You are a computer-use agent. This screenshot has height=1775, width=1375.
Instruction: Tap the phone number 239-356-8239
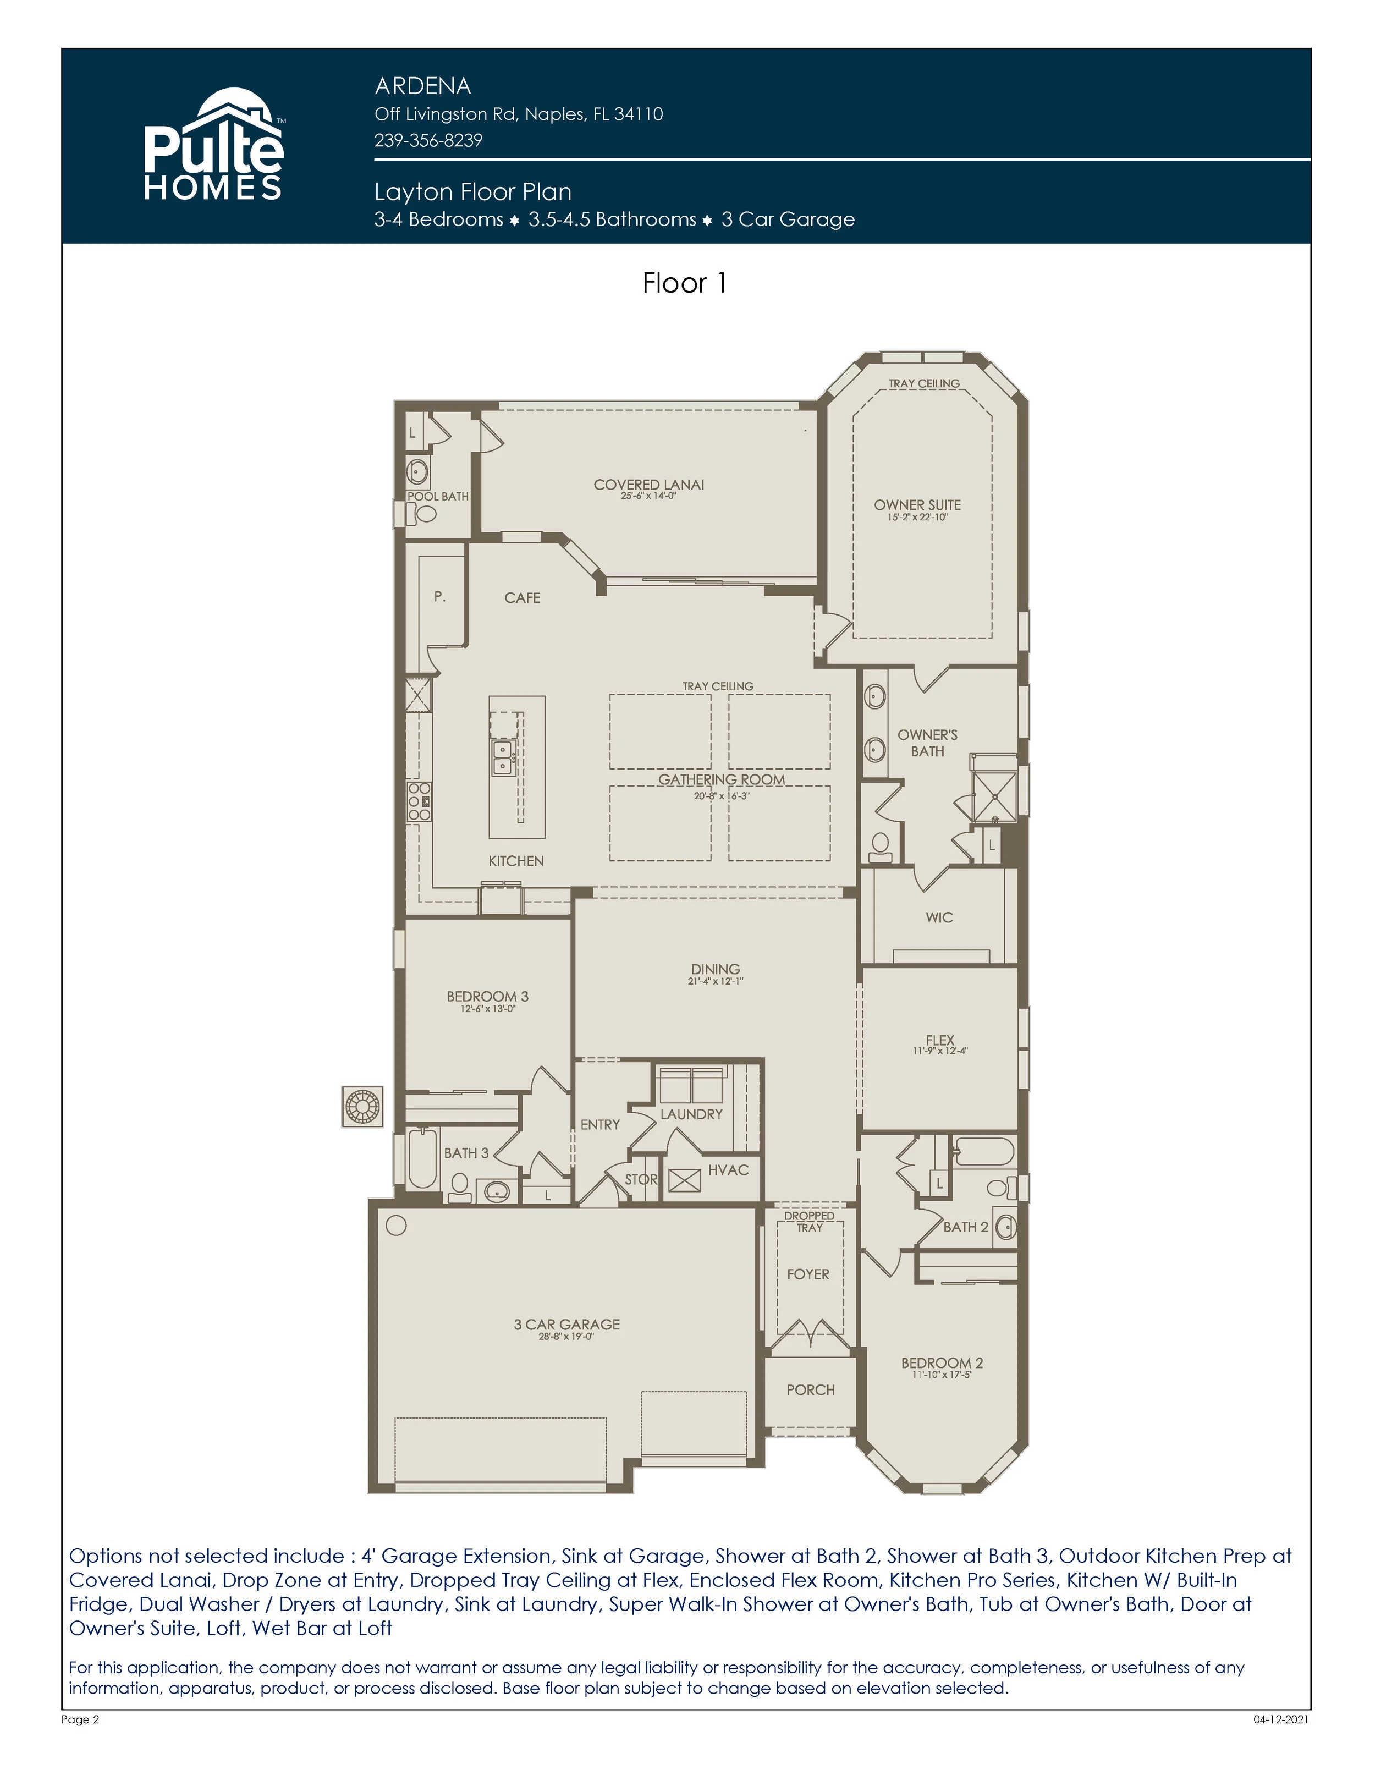pos(428,141)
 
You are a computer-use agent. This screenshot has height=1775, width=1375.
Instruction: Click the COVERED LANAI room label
pos(648,485)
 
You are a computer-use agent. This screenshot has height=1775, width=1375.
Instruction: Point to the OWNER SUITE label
pos(917,505)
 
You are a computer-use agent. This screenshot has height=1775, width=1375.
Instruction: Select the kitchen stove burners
pos(419,802)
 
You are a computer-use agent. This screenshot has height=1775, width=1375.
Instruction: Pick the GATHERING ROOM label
pos(722,779)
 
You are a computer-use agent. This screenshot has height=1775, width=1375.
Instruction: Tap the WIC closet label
pos(939,917)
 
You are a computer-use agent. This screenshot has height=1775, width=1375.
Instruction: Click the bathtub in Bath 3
pos(422,1159)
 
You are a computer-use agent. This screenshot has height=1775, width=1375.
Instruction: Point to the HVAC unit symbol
pos(684,1180)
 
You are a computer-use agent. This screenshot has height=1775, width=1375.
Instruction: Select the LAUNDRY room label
pos(691,1114)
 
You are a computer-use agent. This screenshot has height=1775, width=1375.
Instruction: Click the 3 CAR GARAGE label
pos(566,1324)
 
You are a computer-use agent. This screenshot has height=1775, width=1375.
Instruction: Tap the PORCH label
pos(810,1390)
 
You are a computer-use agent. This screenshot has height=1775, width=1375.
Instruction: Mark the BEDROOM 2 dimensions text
pos(942,1375)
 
